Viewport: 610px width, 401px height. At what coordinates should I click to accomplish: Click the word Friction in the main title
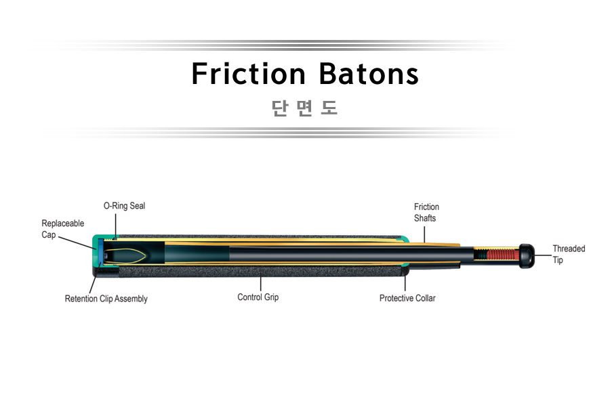(249, 74)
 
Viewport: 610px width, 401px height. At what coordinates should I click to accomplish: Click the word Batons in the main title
(369, 74)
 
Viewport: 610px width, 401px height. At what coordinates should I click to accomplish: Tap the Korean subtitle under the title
(304, 108)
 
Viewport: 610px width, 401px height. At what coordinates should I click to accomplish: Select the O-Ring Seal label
(124, 206)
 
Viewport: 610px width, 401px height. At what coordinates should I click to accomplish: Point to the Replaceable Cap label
(62, 229)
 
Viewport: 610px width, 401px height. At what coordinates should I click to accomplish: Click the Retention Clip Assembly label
(106, 299)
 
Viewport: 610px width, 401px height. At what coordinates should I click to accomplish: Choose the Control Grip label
(258, 297)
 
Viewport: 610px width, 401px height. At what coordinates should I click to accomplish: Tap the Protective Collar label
(407, 298)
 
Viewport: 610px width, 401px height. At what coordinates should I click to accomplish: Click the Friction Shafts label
(426, 213)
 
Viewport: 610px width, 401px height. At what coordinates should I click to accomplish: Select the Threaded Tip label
(569, 255)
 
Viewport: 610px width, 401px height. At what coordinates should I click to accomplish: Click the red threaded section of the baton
(503, 255)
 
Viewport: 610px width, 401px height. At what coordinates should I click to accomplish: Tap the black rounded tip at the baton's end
(527, 255)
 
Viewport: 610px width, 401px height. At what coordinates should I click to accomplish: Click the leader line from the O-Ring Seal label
(115, 225)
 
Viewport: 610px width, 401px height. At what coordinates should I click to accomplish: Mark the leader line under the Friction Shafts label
(424, 235)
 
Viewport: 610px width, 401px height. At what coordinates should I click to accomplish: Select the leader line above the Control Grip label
(261, 283)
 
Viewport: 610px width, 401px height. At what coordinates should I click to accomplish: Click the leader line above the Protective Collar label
(405, 282)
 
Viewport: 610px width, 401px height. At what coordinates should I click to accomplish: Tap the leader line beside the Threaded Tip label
(543, 255)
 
